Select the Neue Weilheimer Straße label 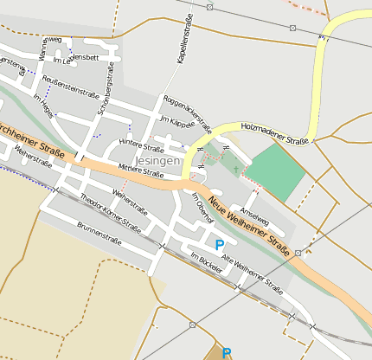pos(247,221)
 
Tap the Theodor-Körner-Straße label pos(110,212)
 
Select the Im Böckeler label pos(206,262)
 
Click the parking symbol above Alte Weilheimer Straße pos(219,246)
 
